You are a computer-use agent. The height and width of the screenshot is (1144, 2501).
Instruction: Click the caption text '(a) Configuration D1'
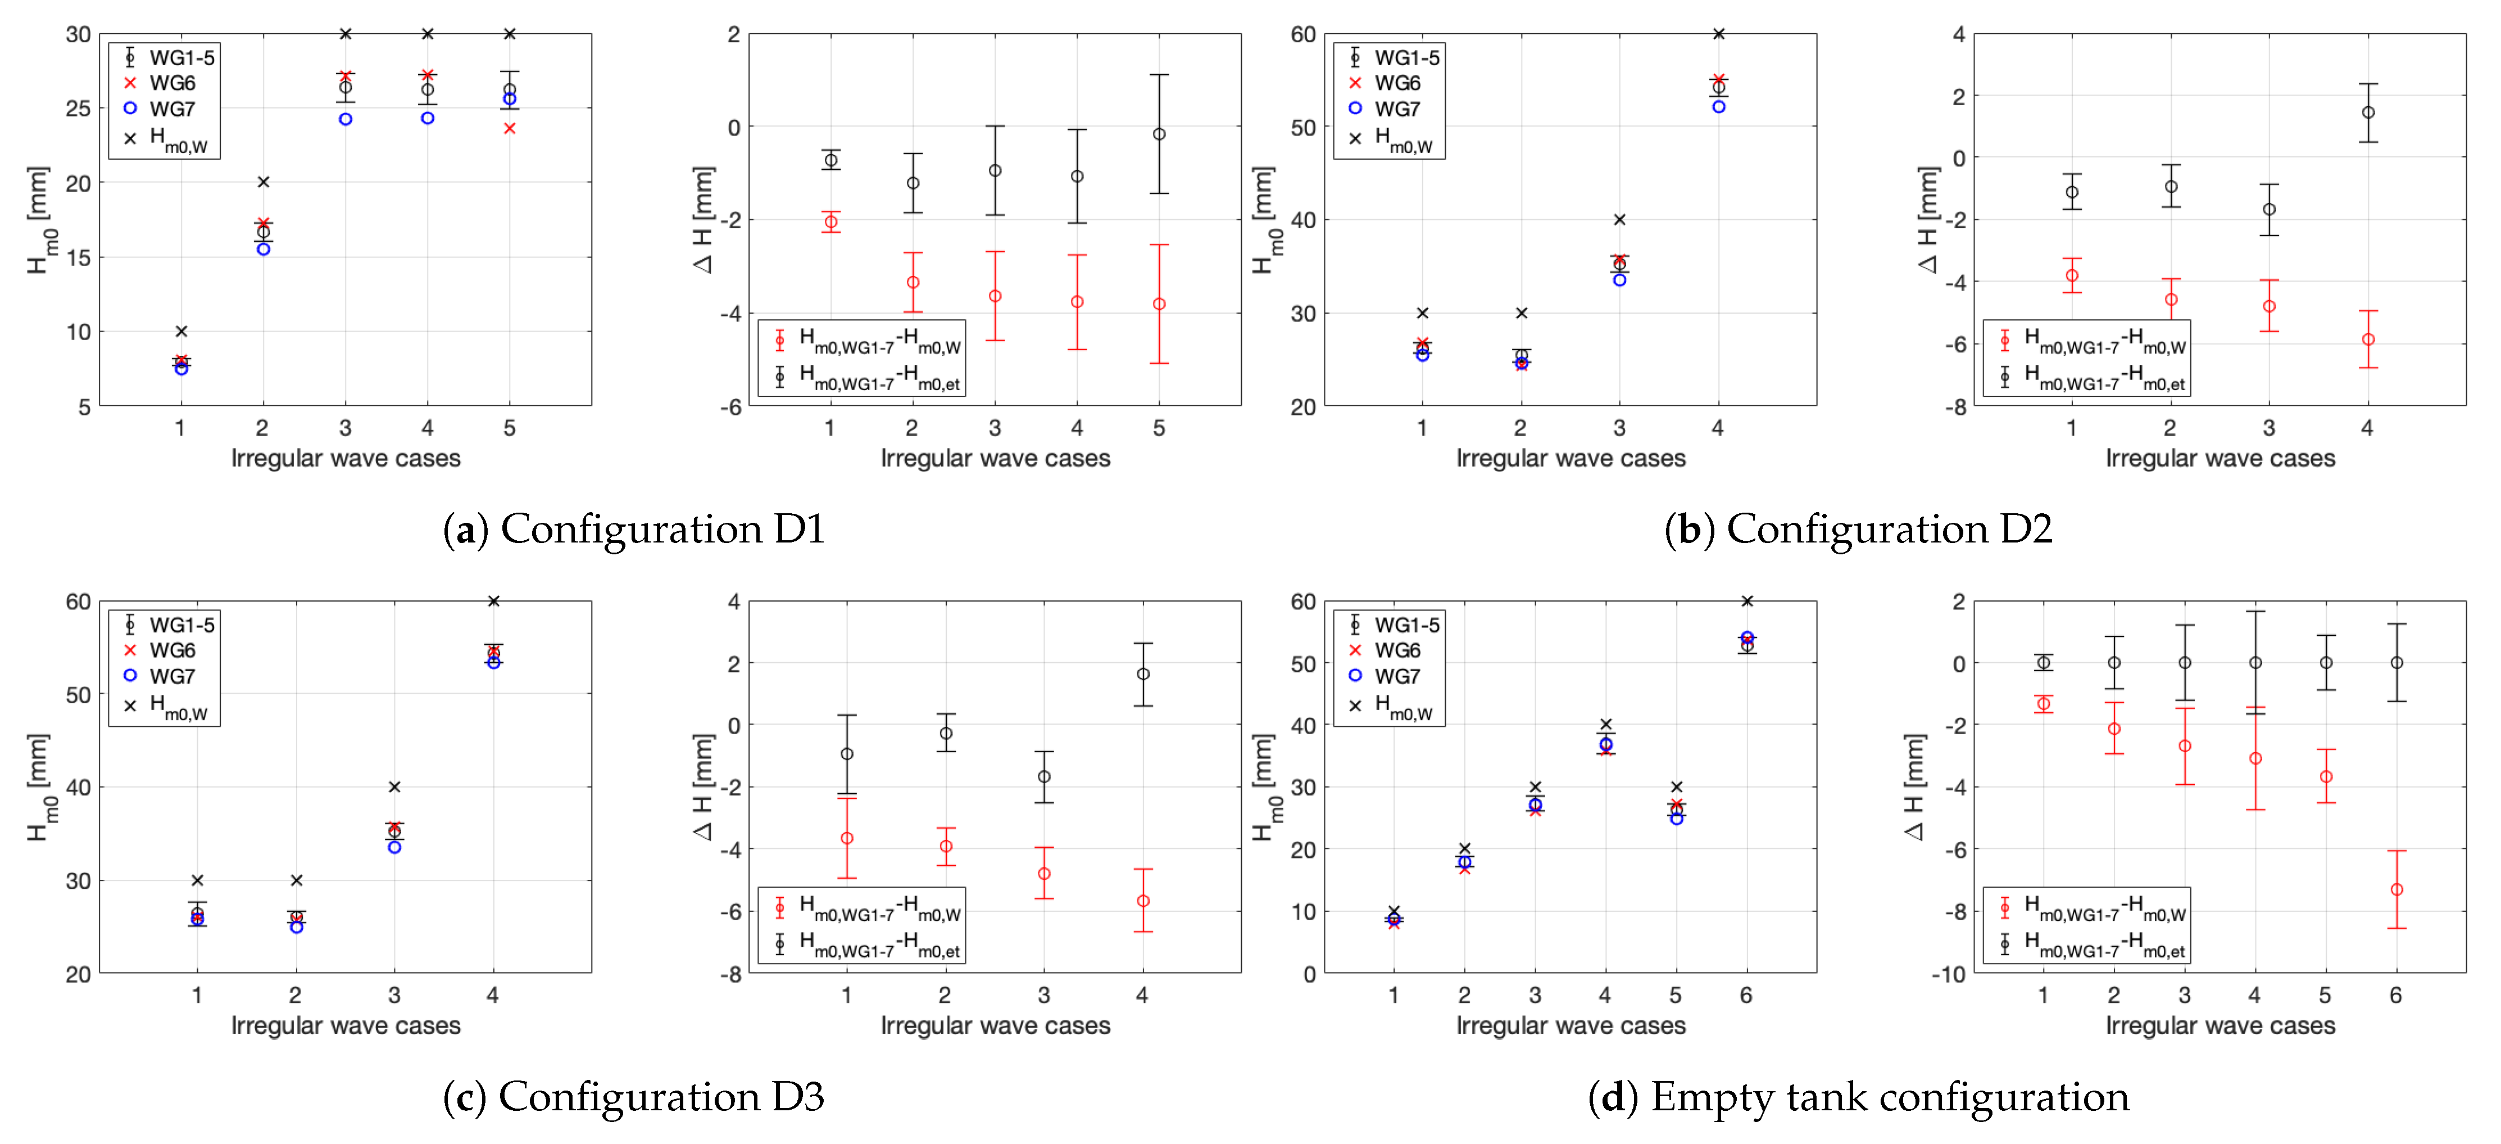tap(633, 529)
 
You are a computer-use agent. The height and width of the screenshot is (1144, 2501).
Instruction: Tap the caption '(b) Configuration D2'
tap(1857, 529)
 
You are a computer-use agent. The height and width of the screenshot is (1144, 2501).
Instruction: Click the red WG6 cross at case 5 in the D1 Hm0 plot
tap(509, 128)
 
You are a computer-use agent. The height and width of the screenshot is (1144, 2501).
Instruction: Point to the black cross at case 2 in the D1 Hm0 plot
tap(263, 182)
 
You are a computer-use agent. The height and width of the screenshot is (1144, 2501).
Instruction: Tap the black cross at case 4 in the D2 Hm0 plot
tap(1718, 34)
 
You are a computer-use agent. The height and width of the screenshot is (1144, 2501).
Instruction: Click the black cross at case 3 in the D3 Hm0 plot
tap(394, 786)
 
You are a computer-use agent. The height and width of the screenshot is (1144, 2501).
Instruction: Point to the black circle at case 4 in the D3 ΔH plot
tap(1143, 674)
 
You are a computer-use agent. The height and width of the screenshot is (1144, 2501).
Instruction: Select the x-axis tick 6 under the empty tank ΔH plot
tap(2396, 996)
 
